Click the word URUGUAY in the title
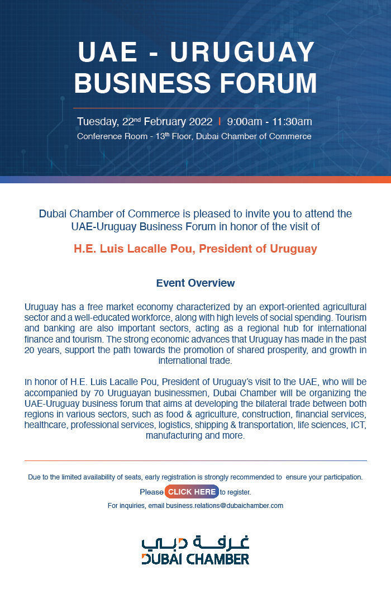pyautogui.click(x=242, y=53)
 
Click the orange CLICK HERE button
pyautogui.click(x=192, y=492)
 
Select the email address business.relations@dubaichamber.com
pyautogui.click(x=224, y=506)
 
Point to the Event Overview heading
pyautogui.click(x=195, y=283)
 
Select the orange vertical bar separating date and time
pyautogui.click(x=220, y=122)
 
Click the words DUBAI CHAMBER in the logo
pyautogui.click(x=195, y=558)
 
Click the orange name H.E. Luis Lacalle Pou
pyautogui.click(x=134, y=249)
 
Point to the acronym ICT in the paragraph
pyautogui.click(x=357, y=425)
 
